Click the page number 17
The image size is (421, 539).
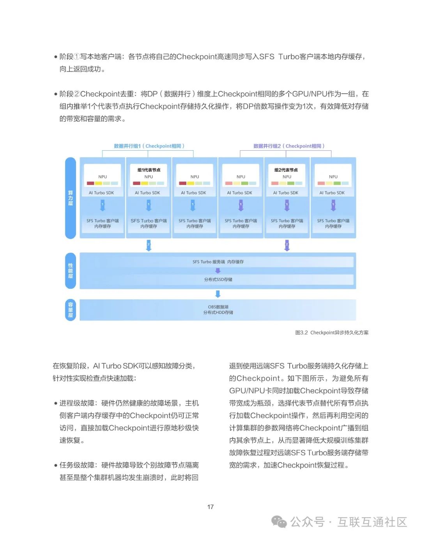pos(210,507)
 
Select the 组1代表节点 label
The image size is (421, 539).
pos(149,170)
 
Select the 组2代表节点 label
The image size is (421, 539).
pos(286,170)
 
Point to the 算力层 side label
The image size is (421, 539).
pos(71,198)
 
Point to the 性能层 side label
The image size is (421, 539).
pos(71,271)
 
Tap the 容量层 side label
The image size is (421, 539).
pos(71,310)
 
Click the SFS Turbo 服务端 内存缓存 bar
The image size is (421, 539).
pos(218,262)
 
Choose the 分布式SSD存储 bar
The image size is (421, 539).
pos(218,279)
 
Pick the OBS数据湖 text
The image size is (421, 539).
pos(218,307)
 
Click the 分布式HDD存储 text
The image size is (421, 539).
pos(218,313)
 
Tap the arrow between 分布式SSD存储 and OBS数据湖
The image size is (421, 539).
pos(218,294)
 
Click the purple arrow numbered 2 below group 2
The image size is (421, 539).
pos(287,245)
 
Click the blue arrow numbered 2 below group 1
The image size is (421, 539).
pos(149,245)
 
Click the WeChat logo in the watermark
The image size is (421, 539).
pos(279,522)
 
